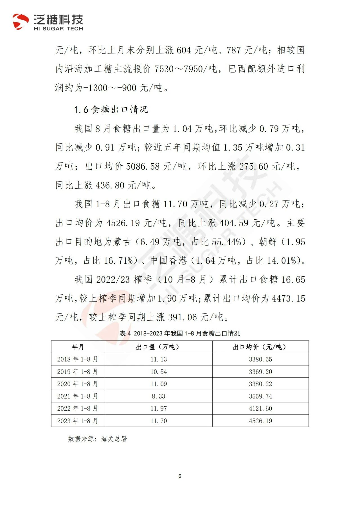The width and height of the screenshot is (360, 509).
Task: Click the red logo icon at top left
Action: (21, 22)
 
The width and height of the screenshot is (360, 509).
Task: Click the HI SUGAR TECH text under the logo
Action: (58, 29)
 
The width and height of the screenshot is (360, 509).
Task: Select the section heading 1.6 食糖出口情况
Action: (111, 110)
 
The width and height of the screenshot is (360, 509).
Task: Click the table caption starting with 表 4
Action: (180, 334)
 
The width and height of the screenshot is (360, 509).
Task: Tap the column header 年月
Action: (78, 347)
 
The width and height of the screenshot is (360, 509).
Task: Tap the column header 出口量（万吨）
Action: (159, 347)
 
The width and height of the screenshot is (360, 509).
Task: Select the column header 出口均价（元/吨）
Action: (260, 347)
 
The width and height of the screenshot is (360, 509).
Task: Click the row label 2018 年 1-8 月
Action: (78, 359)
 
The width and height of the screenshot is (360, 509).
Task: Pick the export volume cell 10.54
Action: (159, 372)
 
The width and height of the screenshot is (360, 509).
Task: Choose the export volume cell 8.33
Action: (159, 396)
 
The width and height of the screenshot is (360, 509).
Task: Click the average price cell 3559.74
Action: (260, 396)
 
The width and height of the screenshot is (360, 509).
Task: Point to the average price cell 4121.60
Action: (260, 409)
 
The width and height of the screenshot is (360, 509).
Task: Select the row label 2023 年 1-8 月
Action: (78, 421)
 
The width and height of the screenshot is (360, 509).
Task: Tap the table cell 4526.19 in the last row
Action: (260, 421)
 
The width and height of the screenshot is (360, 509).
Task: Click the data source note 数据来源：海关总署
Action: (97, 439)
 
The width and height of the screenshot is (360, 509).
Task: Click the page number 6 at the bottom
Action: (180, 476)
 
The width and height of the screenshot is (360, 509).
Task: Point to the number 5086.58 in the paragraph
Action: (143, 166)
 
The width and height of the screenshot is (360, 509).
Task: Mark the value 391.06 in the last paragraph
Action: (182, 317)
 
